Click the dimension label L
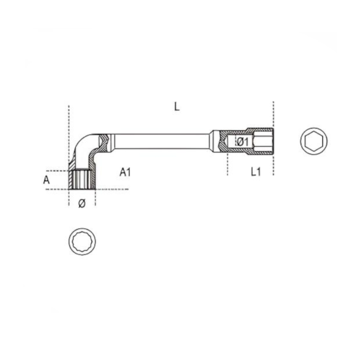(177, 107)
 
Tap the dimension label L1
(255, 172)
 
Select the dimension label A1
(125, 172)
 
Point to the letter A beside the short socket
(47, 179)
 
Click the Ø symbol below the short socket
(82, 204)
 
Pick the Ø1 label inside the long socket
(241, 142)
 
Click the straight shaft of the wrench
(161, 141)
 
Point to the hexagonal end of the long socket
(264, 141)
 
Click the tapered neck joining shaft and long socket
(214, 141)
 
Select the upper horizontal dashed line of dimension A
(55, 171)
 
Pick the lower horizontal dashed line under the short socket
(111, 189)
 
